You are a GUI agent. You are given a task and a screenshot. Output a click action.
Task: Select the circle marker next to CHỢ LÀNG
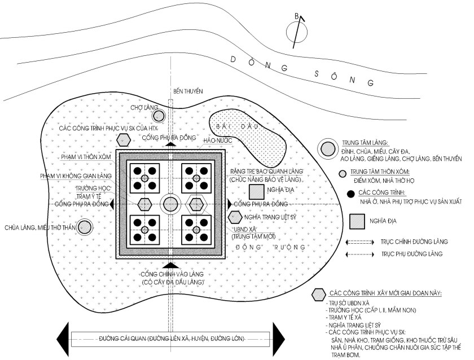tap(160, 116)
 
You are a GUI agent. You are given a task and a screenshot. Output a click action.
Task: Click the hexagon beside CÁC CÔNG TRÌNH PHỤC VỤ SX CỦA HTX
tap(122, 140)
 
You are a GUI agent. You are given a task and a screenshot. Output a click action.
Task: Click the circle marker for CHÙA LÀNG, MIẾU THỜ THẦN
tap(85, 227)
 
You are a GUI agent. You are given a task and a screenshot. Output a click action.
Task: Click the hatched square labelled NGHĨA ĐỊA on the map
tap(257, 191)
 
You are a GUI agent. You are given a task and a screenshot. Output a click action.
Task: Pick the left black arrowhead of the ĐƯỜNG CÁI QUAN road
tap(62, 339)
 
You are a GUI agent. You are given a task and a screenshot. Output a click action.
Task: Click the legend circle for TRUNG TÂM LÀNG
tap(327, 149)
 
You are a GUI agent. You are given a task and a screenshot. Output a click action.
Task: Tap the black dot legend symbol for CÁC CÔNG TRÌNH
tap(350, 194)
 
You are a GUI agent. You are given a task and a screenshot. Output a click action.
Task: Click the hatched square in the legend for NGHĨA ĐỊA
tap(357, 221)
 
